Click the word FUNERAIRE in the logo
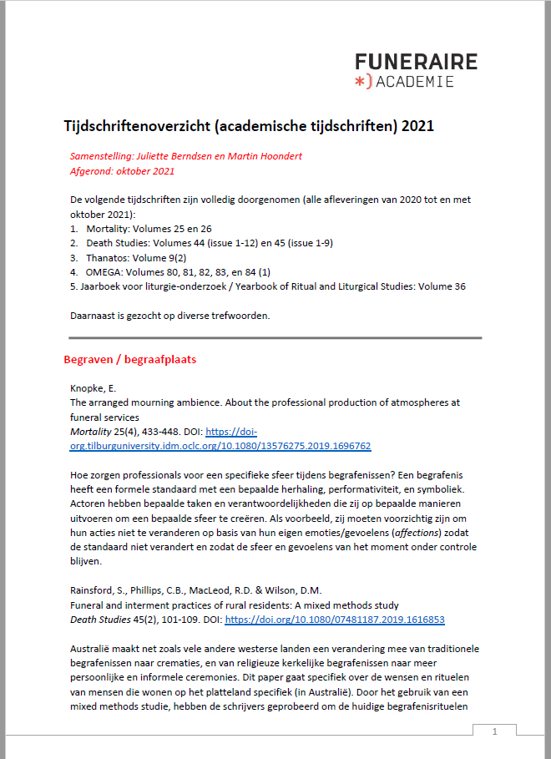[x=416, y=62]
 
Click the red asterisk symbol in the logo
[x=360, y=81]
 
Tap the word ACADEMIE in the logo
[x=415, y=82]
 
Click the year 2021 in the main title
[x=417, y=126]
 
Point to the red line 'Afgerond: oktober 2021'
[x=122, y=171]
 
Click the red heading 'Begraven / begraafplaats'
[x=129, y=360]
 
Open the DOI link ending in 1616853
[x=334, y=620]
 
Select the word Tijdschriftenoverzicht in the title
[x=136, y=126]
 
